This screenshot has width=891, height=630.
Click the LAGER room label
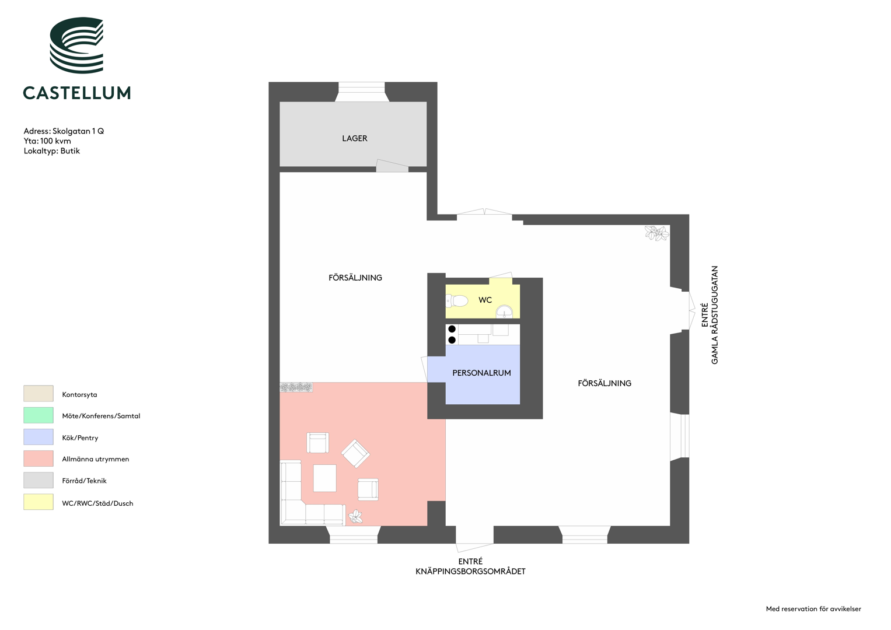pyautogui.click(x=354, y=138)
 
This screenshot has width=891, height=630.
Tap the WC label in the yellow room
pyautogui.click(x=485, y=300)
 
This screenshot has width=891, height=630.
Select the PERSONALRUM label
pyautogui.click(x=481, y=373)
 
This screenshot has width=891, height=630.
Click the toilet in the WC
pyautogui.click(x=457, y=300)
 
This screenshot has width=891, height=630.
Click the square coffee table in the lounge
pyautogui.click(x=324, y=478)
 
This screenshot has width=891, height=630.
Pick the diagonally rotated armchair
pyautogui.click(x=355, y=453)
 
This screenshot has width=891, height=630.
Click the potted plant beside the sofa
pyautogui.click(x=355, y=517)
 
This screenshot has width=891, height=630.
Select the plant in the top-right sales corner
pyautogui.click(x=656, y=233)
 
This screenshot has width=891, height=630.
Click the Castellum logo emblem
pyautogui.click(x=77, y=45)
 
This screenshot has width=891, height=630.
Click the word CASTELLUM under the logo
pyautogui.click(x=77, y=93)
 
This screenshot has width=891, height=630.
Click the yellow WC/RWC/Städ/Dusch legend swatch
pyautogui.click(x=38, y=502)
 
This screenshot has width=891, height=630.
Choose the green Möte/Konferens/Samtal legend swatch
pyautogui.click(x=38, y=415)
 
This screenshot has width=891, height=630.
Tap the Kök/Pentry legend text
pyautogui.click(x=80, y=438)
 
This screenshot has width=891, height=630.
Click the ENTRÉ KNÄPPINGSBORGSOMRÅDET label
pyautogui.click(x=470, y=566)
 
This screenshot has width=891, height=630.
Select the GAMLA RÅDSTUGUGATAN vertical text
pyautogui.click(x=714, y=315)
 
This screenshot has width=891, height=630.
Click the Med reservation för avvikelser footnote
pyautogui.click(x=813, y=609)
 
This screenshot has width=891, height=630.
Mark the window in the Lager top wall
pyautogui.click(x=361, y=92)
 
